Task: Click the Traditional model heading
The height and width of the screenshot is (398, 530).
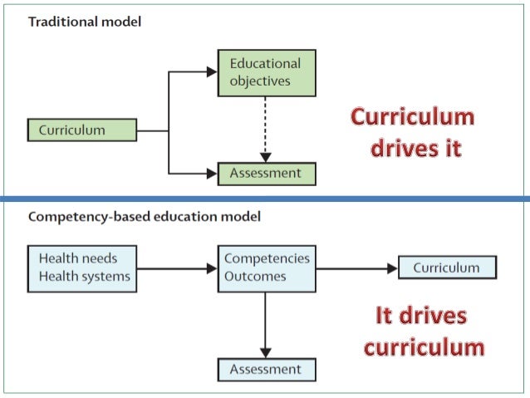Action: click(x=85, y=22)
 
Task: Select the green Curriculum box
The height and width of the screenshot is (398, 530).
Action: click(x=81, y=130)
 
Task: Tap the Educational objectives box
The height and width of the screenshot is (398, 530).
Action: click(x=266, y=71)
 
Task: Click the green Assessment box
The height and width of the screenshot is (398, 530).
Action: click(x=266, y=174)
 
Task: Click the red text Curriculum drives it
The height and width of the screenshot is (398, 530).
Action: click(x=411, y=132)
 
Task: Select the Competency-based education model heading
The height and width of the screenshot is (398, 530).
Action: click(x=145, y=217)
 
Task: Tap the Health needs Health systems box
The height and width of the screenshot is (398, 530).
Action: click(x=81, y=268)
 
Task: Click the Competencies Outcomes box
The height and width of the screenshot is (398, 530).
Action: click(x=266, y=268)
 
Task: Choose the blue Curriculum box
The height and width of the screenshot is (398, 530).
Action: click(x=447, y=268)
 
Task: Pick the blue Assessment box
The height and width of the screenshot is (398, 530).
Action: click(x=266, y=368)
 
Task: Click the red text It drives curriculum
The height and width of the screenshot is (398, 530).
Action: click(x=422, y=331)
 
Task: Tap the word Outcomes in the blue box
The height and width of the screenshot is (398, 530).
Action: click(x=255, y=277)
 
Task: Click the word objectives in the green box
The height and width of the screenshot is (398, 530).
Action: click(x=260, y=81)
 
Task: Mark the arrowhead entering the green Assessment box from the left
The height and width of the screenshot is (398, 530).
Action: click(x=211, y=174)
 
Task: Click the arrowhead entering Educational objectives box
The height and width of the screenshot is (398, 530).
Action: click(x=211, y=72)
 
